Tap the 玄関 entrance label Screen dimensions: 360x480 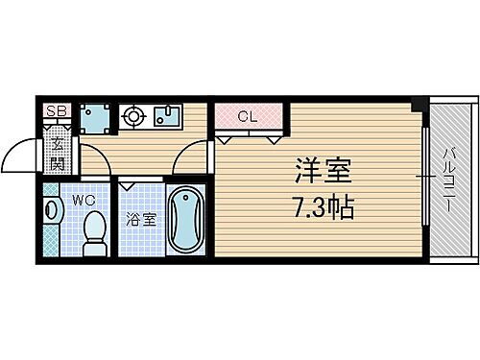(x=59, y=154)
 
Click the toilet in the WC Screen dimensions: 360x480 (x=94, y=230)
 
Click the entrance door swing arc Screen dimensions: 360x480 (x=17, y=154)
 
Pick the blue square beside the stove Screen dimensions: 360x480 (x=94, y=117)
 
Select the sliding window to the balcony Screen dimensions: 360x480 (x=423, y=178)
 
